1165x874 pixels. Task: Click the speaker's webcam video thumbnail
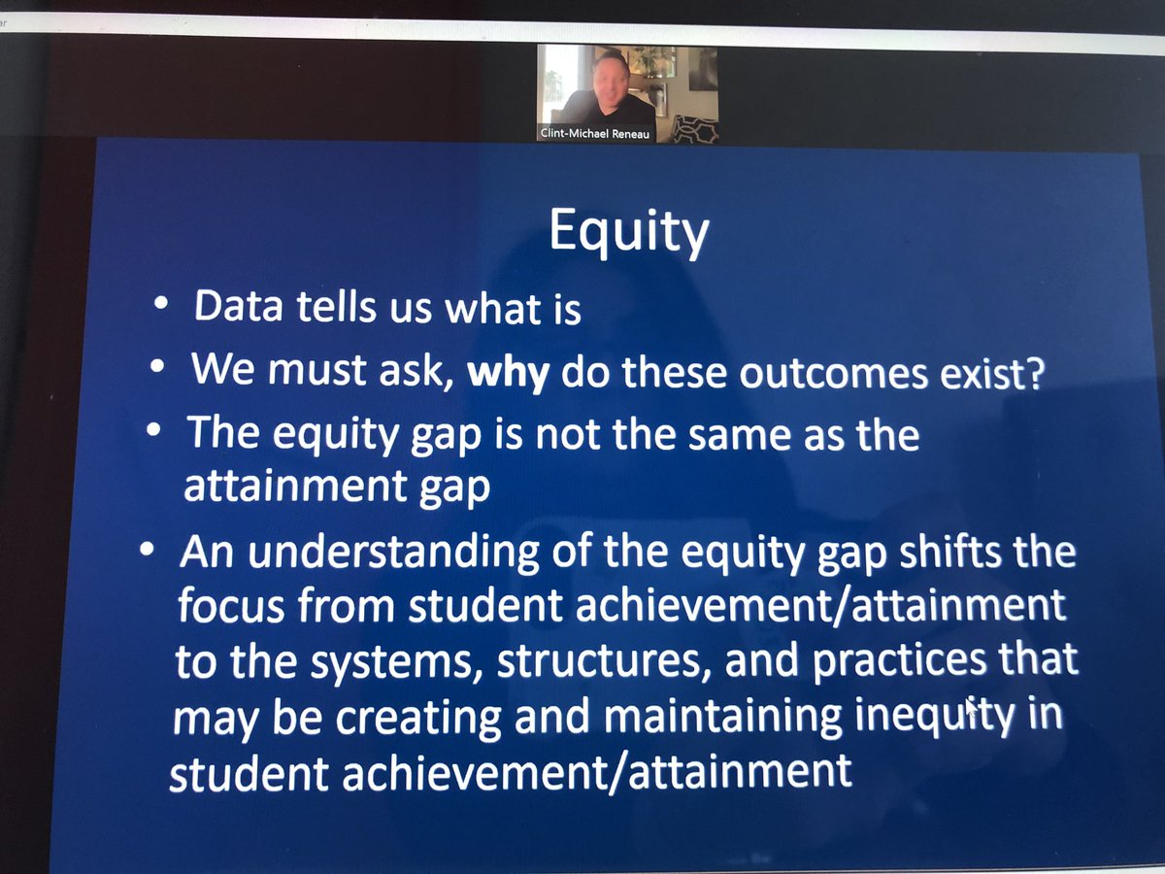pos(628,93)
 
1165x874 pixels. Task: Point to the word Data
pos(237,307)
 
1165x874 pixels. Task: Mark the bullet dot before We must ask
pos(156,370)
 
